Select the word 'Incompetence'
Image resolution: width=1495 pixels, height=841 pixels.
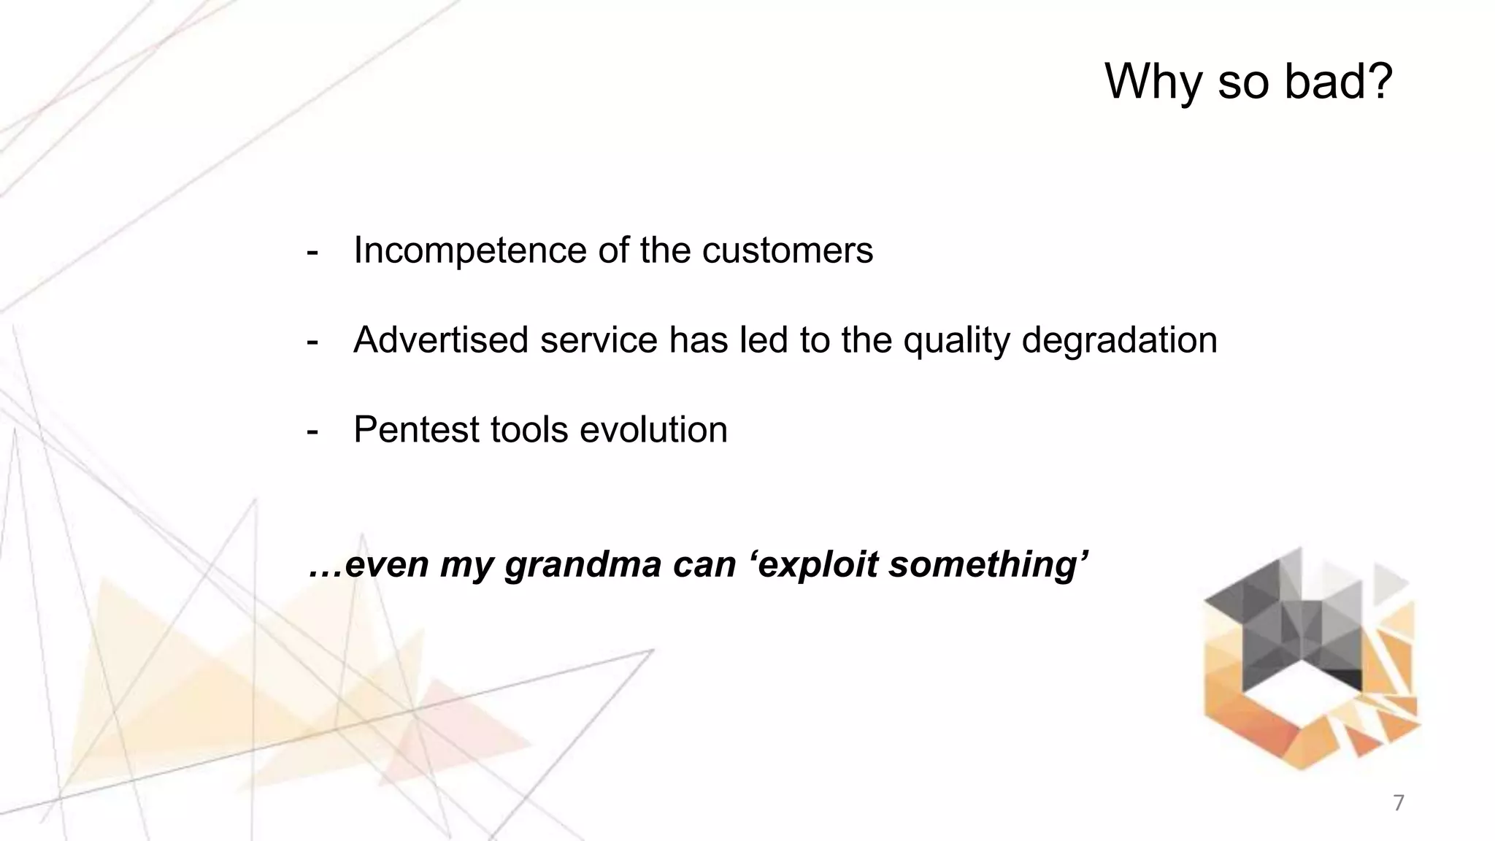[469, 251]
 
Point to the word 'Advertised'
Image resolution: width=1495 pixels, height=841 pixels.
[441, 340]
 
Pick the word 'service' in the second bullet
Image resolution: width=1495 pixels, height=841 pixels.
[598, 340]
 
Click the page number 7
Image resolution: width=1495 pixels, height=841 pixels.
[1398, 803]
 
